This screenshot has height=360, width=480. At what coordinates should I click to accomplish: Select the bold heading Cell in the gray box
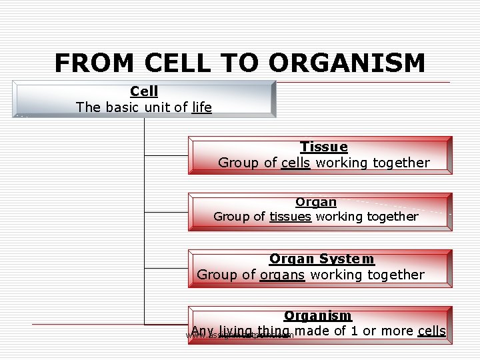[144, 91]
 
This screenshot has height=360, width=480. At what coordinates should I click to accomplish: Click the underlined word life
[201, 107]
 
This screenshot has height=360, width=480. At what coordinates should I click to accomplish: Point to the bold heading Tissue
[323, 147]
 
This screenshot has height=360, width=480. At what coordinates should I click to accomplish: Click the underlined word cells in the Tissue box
[295, 163]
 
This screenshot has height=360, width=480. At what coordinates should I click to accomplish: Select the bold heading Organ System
[321, 259]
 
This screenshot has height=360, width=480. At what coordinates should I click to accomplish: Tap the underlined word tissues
[290, 216]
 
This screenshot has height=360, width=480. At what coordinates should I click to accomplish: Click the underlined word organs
[282, 275]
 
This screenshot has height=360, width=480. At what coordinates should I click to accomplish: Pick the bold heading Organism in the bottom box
[317, 316]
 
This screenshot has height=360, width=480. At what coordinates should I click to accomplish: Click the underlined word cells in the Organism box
[431, 331]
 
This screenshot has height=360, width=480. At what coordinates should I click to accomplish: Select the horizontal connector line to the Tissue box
[166, 155]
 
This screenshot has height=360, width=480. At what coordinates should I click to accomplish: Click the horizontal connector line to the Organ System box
[166, 268]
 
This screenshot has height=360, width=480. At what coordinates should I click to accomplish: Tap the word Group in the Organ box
[231, 216]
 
